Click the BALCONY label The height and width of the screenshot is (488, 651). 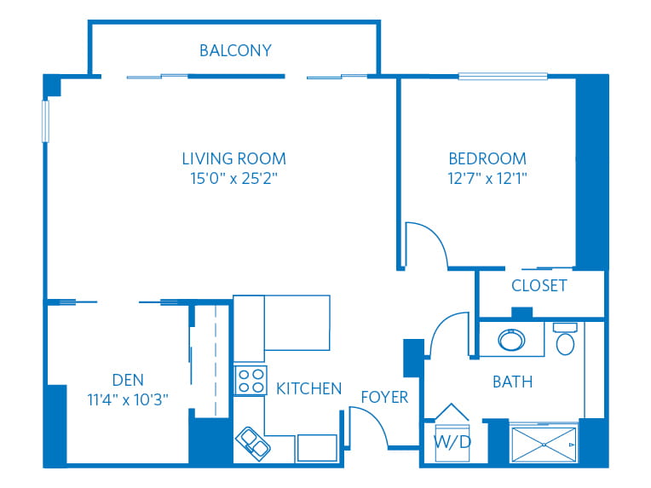click(x=235, y=50)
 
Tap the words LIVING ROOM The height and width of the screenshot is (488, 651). click(x=233, y=158)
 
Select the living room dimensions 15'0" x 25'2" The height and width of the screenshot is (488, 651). click(x=233, y=179)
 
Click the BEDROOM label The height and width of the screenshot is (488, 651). click(x=487, y=158)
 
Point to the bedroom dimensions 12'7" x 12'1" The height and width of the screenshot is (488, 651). click(x=487, y=179)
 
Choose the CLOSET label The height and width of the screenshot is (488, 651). click(x=539, y=285)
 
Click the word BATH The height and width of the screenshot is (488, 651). click(x=512, y=382)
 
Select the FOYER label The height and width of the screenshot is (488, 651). click(x=384, y=397)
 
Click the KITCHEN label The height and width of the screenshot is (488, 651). click(x=308, y=388)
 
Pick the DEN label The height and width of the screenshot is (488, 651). click(x=128, y=380)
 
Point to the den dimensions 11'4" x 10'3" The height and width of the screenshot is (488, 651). click(x=128, y=400)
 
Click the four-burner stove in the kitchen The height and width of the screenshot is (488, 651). click(x=250, y=380)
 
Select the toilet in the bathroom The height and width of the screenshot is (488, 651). click(x=565, y=340)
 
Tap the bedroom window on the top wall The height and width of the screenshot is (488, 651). click(x=503, y=77)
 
